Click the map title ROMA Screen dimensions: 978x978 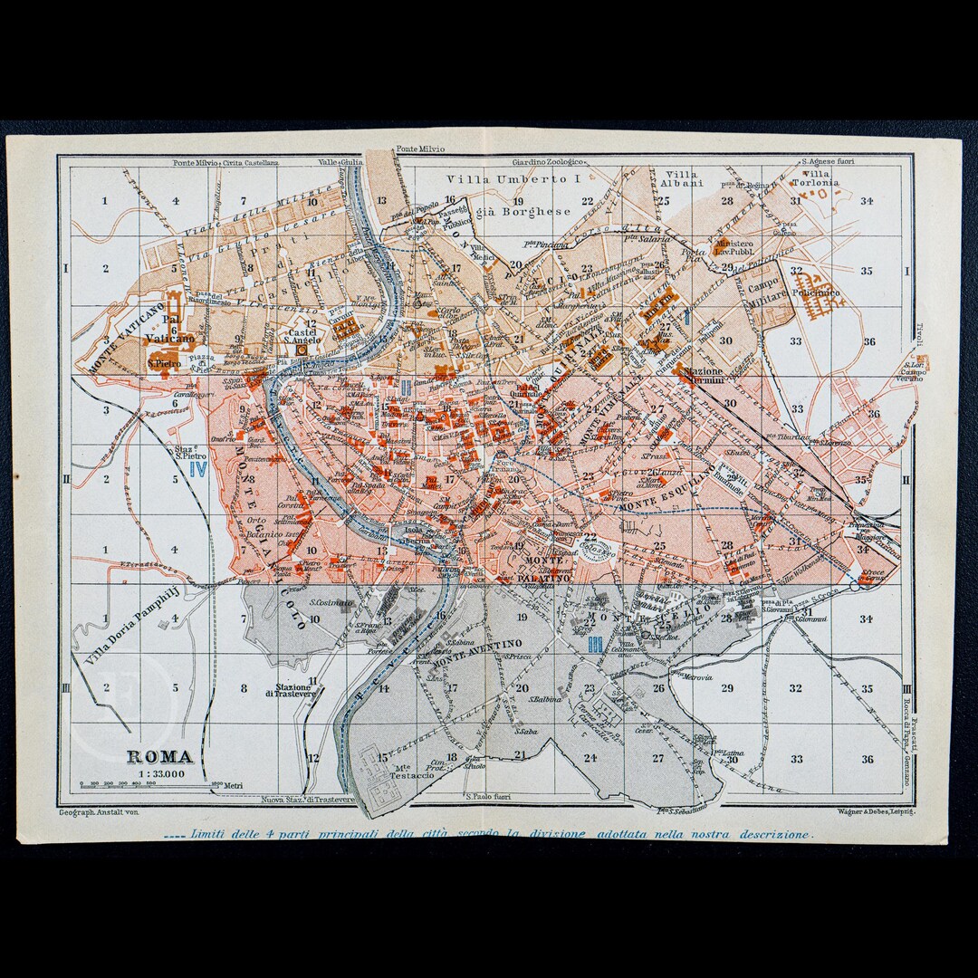[158, 756]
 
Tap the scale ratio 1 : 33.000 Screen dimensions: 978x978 [158, 772]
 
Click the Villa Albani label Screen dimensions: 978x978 [684, 177]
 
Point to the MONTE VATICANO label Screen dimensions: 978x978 [127, 338]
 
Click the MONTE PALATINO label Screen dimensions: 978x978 [546, 569]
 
